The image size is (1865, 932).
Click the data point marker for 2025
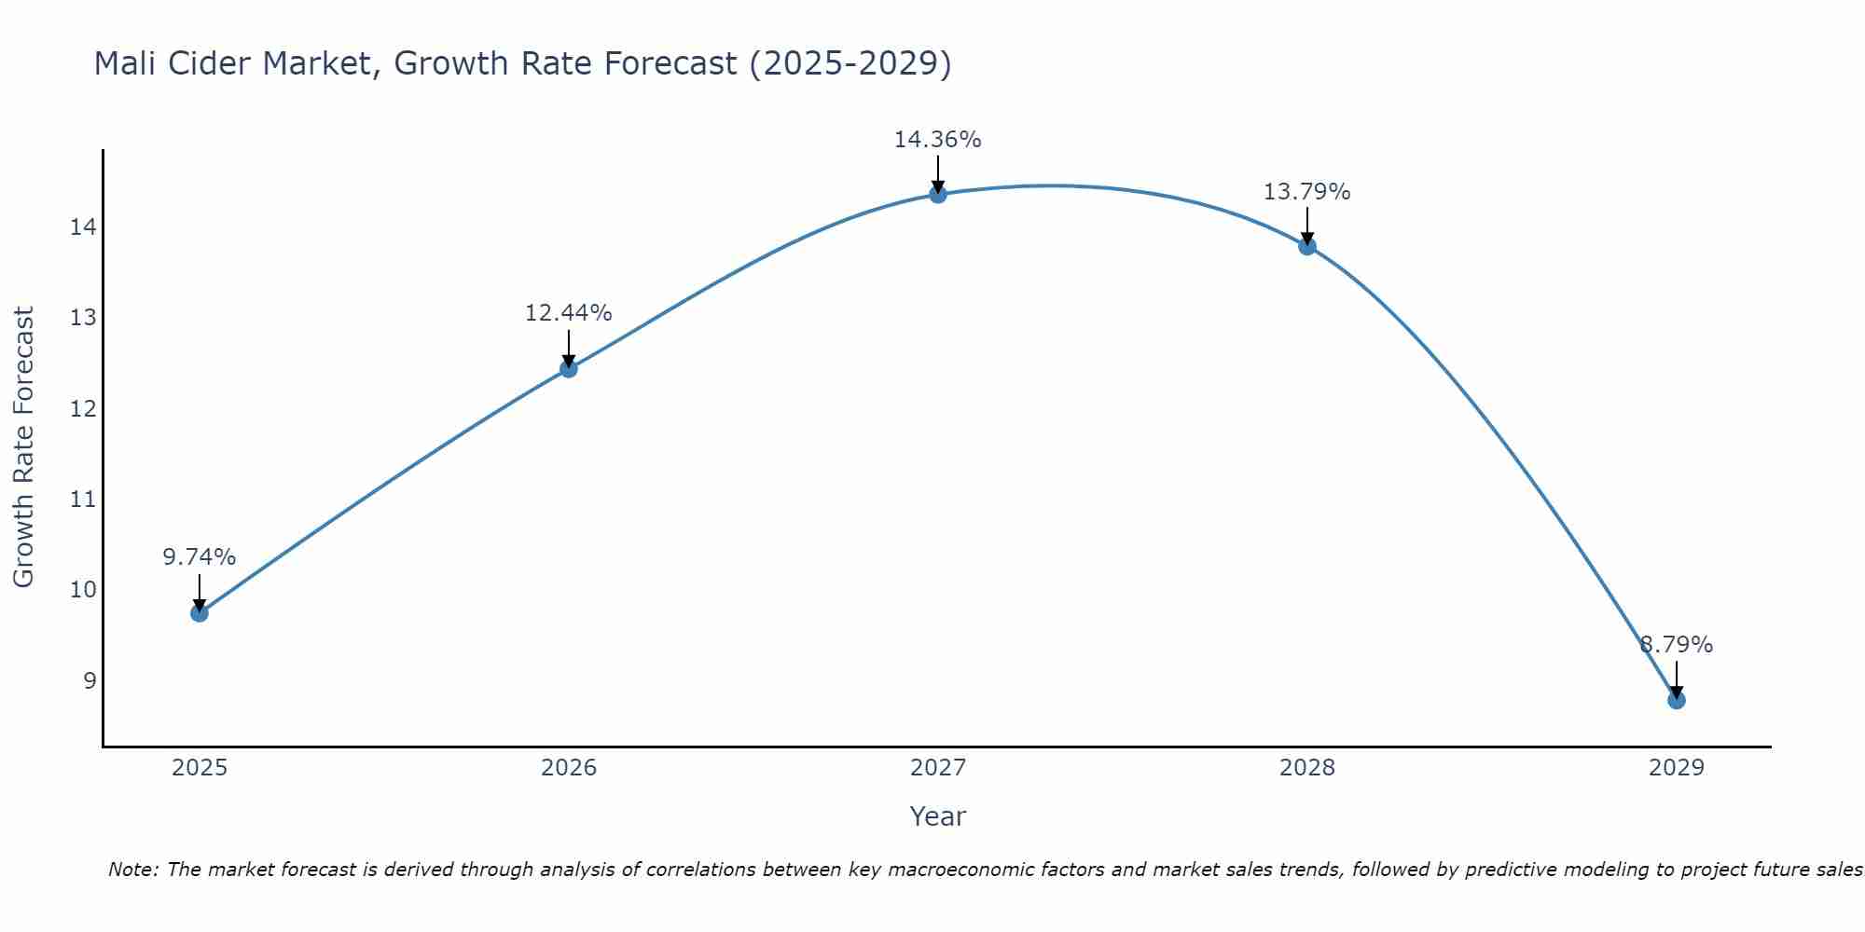tap(199, 612)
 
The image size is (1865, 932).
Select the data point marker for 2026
tap(569, 368)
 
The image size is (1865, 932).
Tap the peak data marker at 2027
tap(938, 194)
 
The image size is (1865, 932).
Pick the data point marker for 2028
tap(1307, 246)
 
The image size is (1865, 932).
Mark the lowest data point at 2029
tap(1677, 700)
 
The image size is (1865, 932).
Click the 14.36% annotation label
tap(937, 140)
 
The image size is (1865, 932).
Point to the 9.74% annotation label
tap(199, 557)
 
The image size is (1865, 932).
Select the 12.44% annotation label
tap(568, 313)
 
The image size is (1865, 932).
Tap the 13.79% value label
tap(1306, 192)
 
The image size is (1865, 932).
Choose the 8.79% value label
tap(1676, 645)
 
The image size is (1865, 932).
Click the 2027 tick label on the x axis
tap(938, 768)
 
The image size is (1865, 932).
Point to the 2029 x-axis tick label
tap(1677, 768)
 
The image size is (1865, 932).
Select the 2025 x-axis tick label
tap(200, 768)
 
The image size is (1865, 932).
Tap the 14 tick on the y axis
tap(83, 227)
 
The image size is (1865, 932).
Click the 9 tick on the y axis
tap(90, 680)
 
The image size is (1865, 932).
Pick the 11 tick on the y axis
tap(83, 500)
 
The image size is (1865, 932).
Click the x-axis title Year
tap(937, 816)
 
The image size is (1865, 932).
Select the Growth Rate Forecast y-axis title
tap(23, 446)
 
